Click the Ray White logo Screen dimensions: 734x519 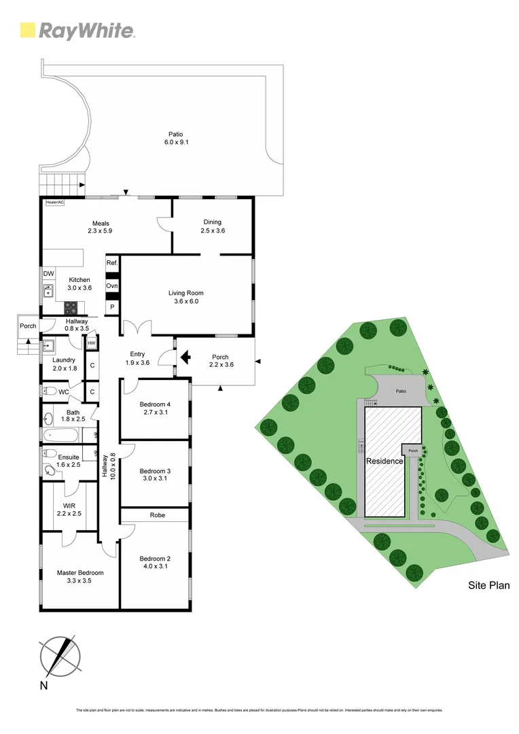(77, 30)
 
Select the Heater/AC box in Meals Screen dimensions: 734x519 (54, 203)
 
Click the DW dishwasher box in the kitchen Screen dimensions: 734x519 (48, 274)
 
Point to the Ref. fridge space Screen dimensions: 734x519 (112, 263)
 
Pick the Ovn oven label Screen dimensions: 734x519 (112, 286)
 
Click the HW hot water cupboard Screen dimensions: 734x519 (92, 344)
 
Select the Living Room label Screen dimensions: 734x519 (186, 297)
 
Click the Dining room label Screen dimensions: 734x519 (213, 226)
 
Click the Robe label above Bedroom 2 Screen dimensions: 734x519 (154, 516)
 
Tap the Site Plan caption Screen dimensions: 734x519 (489, 585)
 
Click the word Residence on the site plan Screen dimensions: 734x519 (384, 461)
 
